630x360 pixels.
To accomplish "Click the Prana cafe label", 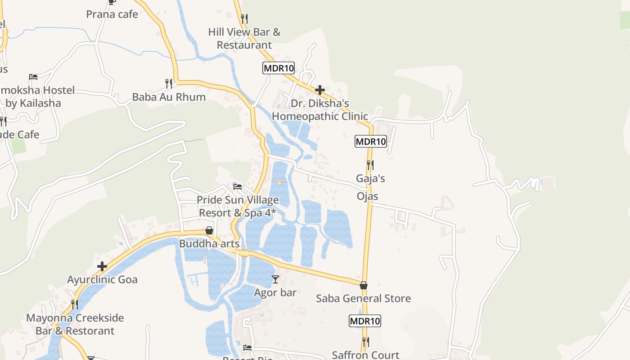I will click(x=112, y=14).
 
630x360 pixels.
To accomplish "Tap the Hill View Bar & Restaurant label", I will click(x=244, y=39).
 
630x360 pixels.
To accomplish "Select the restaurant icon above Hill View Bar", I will click(x=244, y=18).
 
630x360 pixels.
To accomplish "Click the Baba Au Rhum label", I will click(x=169, y=97).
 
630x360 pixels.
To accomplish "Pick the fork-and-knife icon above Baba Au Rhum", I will click(x=169, y=83).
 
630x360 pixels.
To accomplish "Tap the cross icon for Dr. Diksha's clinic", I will click(x=320, y=90).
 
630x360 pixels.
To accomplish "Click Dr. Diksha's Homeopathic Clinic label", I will click(x=320, y=110).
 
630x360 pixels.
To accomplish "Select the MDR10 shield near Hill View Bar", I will click(x=279, y=68).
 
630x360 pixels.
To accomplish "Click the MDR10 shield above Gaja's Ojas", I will click(x=371, y=141).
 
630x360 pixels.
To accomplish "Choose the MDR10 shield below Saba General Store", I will click(x=365, y=321).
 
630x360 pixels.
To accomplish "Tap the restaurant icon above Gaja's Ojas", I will click(x=370, y=165).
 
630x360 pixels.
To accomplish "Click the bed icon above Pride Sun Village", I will click(x=238, y=186).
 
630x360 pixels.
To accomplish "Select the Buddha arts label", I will click(x=209, y=244).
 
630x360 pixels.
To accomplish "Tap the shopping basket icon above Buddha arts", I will click(x=209, y=230).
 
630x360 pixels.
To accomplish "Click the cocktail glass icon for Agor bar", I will click(x=275, y=279).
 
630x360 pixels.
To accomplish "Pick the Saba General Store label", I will click(x=364, y=298).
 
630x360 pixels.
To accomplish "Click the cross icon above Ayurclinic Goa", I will click(x=102, y=266).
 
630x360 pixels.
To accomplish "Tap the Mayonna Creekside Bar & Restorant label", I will click(x=75, y=324).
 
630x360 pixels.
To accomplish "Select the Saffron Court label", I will click(x=365, y=355).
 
